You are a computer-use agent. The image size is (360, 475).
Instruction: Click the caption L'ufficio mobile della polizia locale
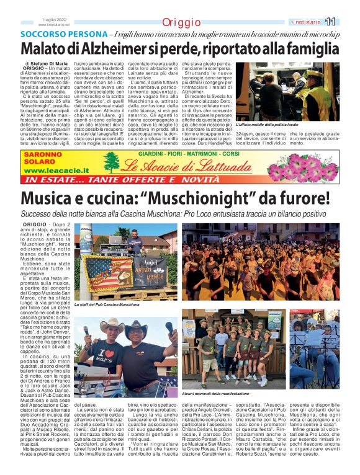(x=274, y=126)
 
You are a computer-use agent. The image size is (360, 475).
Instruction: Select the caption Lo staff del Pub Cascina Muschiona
(x=107, y=304)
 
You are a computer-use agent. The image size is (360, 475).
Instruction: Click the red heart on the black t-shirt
(x=94, y=355)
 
